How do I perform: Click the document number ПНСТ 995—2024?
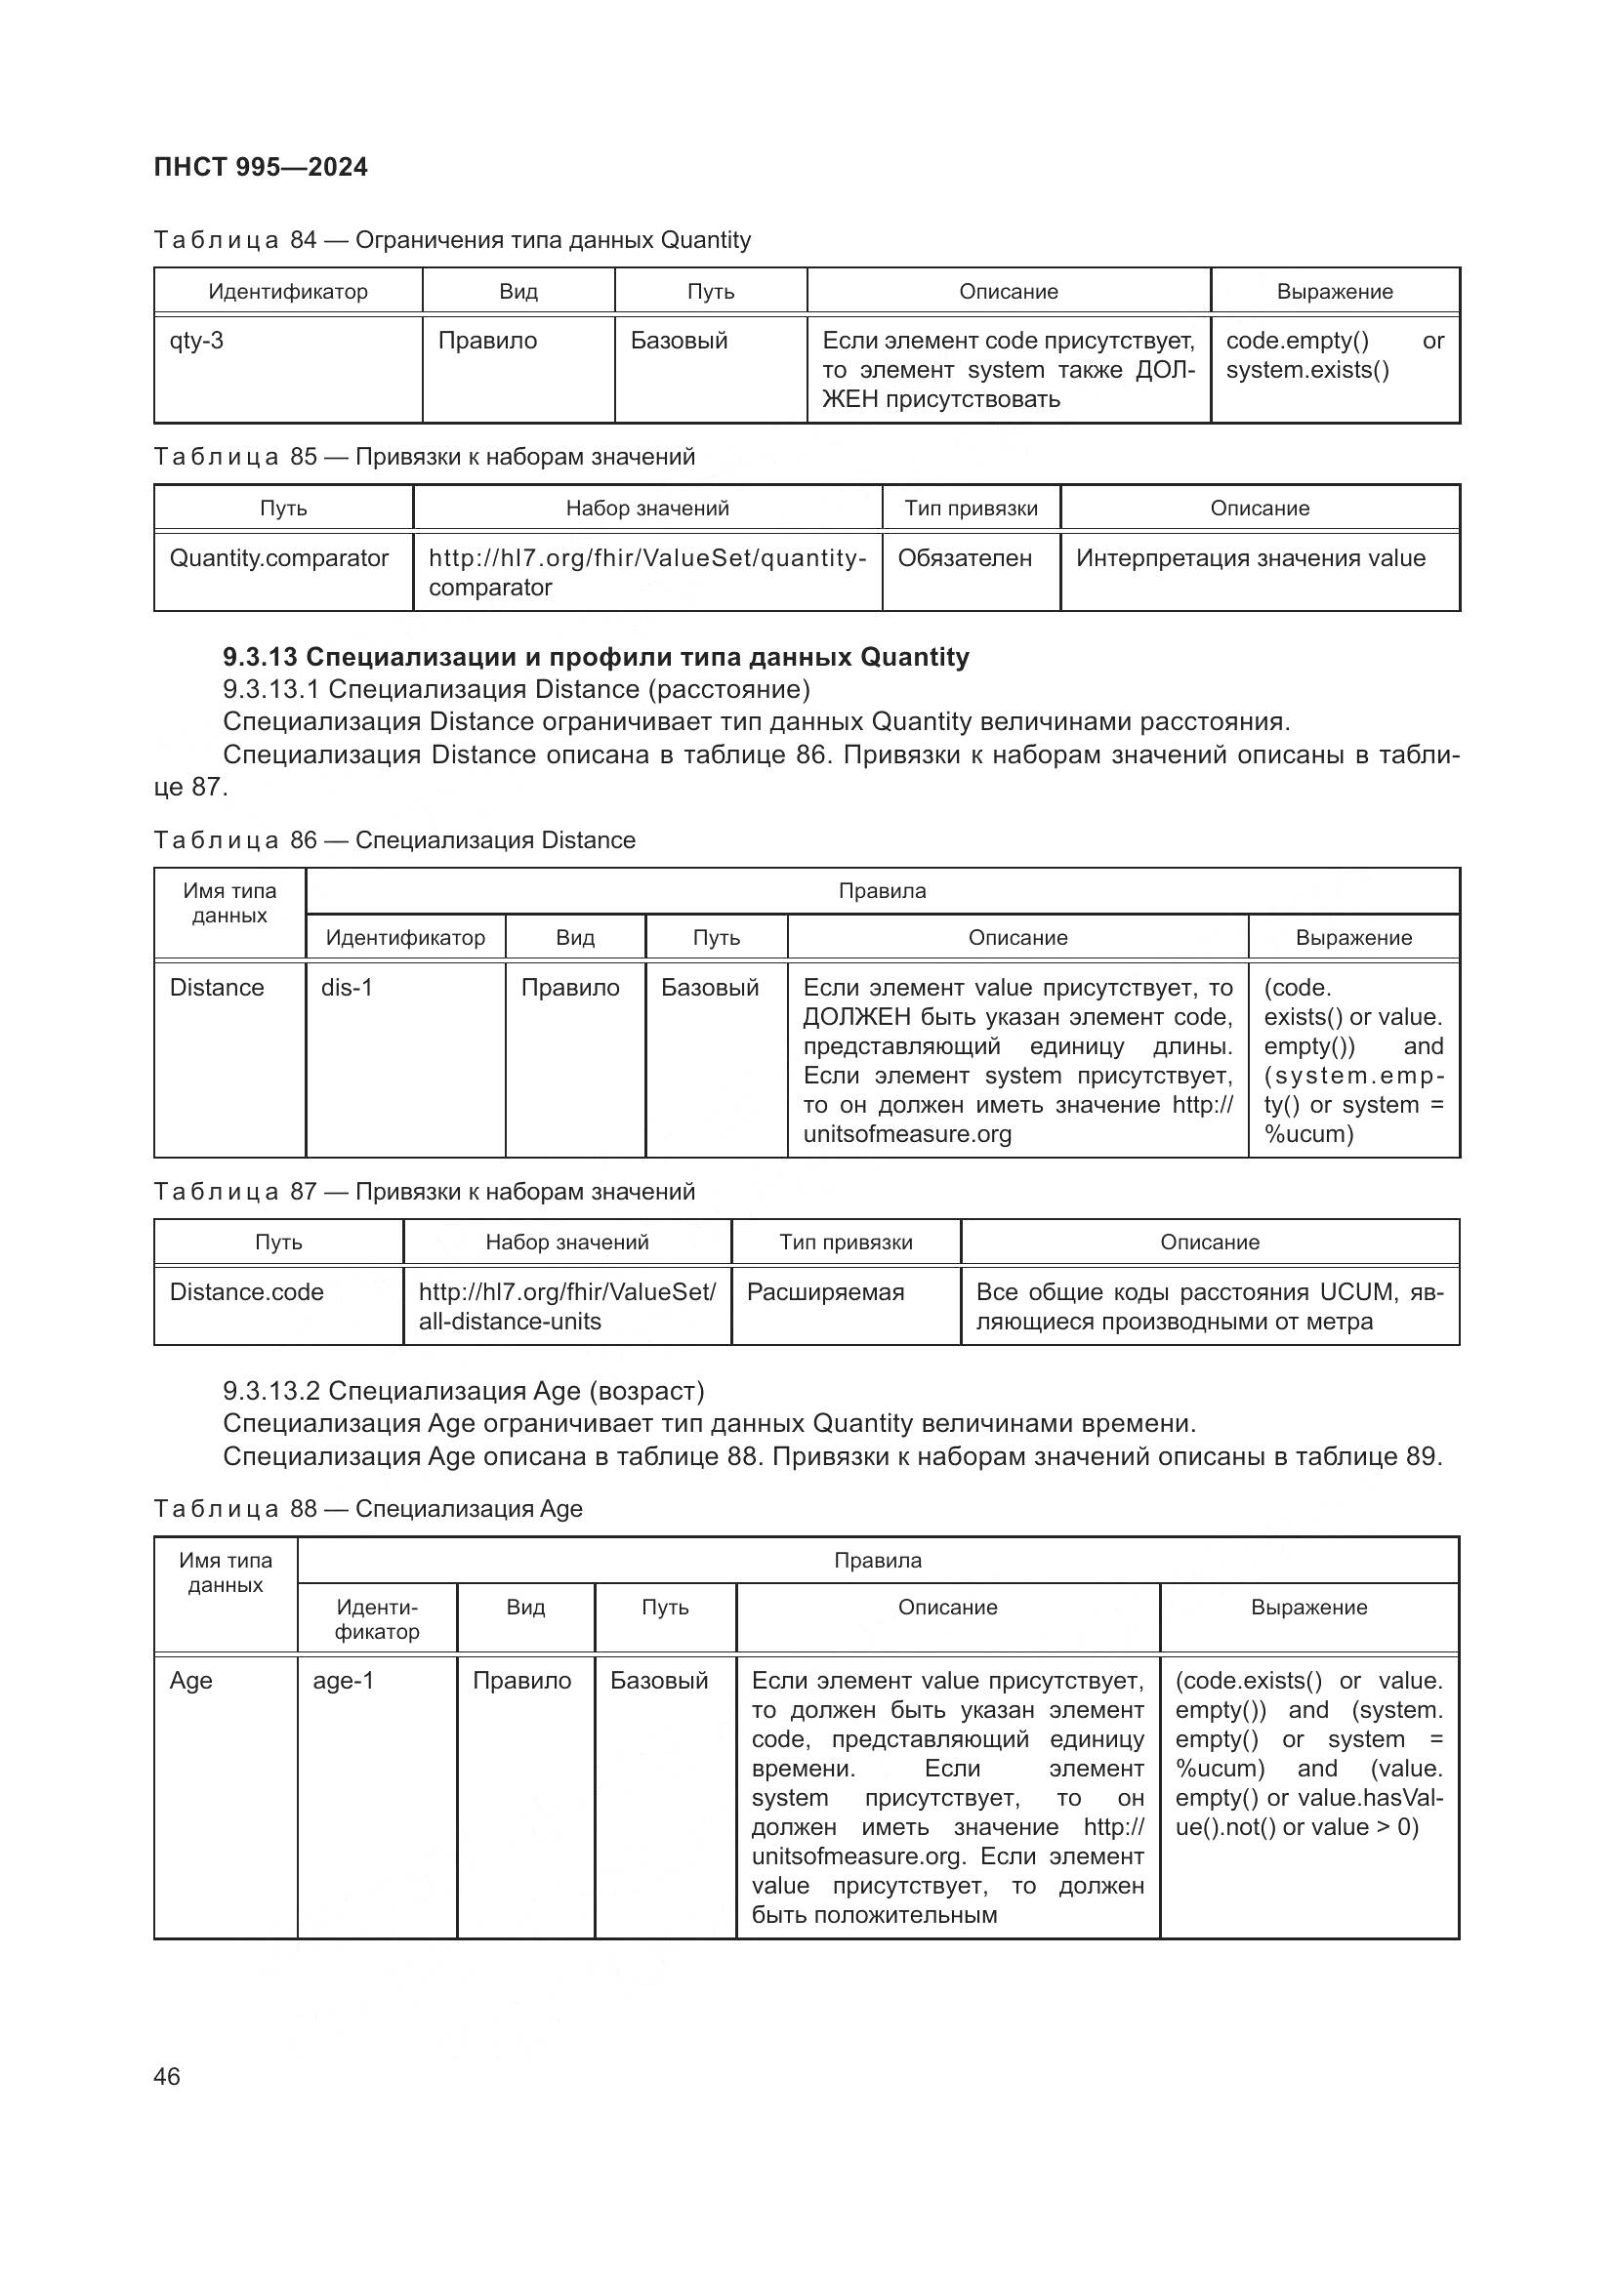pos(261,167)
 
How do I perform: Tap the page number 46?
pos(167,2076)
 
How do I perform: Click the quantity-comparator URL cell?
pos(646,572)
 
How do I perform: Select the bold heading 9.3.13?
pos(596,657)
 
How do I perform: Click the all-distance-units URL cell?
pos(566,1306)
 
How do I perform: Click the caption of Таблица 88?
pos(368,1508)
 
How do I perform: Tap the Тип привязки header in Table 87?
pos(846,1242)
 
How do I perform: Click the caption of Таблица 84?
pos(452,240)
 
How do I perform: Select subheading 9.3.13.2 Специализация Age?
pos(464,1390)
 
